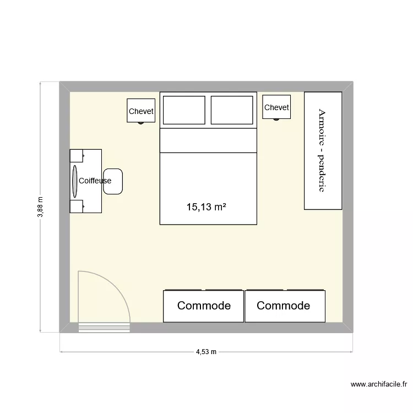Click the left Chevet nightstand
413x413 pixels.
tap(140, 111)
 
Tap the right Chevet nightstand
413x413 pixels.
tap(276, 107)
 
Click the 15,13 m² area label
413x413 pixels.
tap(207, 207)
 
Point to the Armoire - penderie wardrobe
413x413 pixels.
tap(323, 150)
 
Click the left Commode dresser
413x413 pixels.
tap(203, 306)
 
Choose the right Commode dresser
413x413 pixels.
tap(285, 306)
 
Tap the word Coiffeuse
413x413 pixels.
tap(95, 181)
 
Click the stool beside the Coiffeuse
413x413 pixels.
tap(113, 181)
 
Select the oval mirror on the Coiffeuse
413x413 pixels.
tap(74, 181)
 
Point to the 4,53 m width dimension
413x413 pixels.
tap(206, 352)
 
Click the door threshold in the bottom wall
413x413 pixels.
tap(104, 328)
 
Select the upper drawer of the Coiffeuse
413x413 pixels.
tap(77, 156)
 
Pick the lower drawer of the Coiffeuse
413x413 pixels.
tap(77, 206)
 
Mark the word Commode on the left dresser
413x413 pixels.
tap(204, 306)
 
